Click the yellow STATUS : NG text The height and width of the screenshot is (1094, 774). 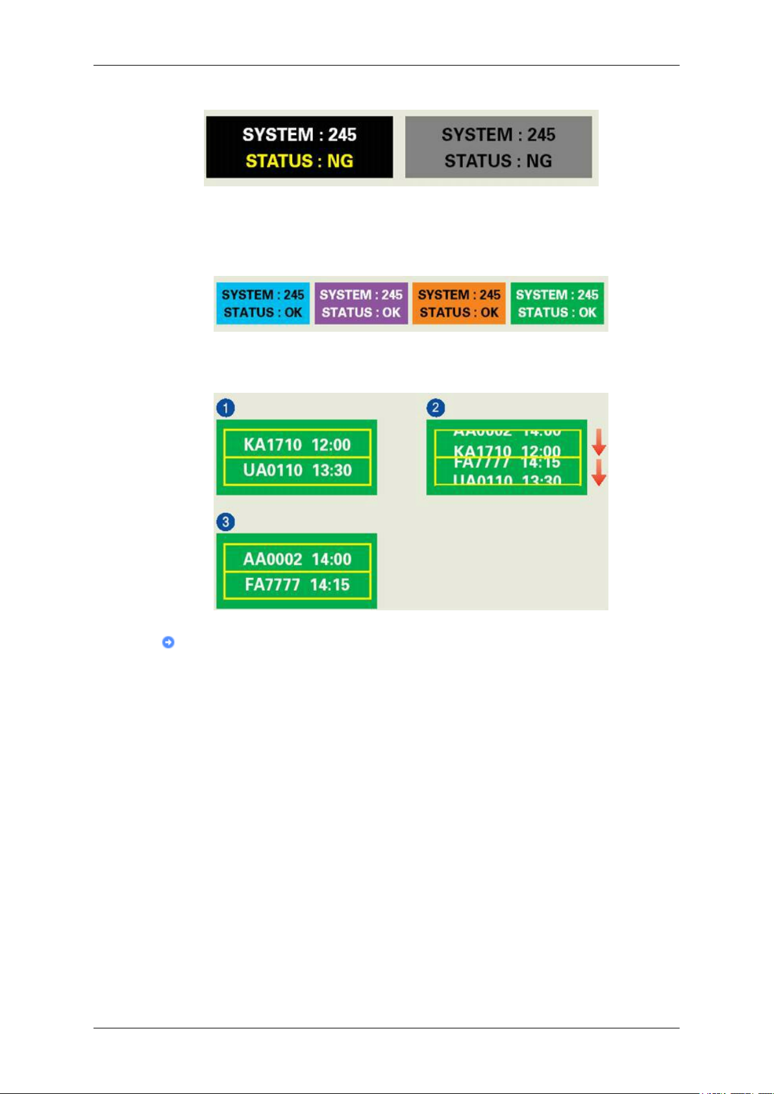[299, 161]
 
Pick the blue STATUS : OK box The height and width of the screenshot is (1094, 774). [263, 303]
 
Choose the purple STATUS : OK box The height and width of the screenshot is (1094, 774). [361, 303]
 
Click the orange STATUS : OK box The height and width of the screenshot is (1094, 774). [459, 303]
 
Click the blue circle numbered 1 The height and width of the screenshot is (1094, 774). [225, 408]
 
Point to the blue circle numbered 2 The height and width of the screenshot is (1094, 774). [435, 408]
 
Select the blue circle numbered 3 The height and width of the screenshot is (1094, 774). [225, 522]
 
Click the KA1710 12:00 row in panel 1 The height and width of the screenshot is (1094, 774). [297, 445]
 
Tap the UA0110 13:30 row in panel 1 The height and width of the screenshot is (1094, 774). [297, 470]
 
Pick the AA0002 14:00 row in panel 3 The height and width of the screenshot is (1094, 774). [297, 559]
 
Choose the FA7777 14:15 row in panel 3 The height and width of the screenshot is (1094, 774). [297, 585]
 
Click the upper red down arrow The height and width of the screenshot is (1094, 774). [599, 445]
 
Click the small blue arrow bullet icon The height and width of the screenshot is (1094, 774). [168, 642]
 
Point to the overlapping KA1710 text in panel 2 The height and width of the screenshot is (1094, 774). [482, 451]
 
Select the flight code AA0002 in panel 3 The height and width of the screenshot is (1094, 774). [273, 559]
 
